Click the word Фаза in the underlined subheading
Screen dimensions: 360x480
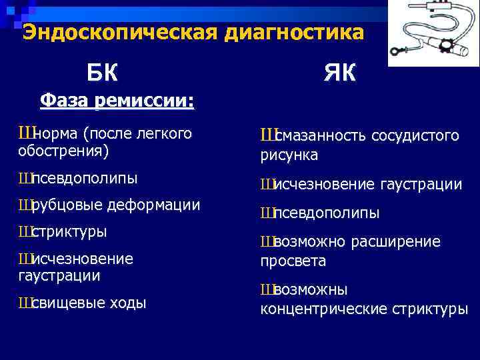pos(65,101)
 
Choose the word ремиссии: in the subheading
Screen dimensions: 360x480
pos(144,101)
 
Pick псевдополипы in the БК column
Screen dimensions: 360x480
pos(85,178)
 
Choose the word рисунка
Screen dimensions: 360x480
pos(289,155)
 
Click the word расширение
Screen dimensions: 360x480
pos(404,241)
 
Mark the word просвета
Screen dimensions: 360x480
pos(293,261)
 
